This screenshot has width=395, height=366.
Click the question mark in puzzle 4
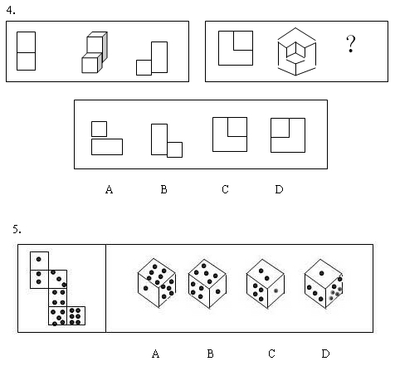350,43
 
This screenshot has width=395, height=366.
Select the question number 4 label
11,10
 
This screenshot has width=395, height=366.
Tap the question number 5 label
17,229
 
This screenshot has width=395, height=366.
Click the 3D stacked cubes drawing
95,52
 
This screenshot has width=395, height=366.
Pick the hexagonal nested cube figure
296,51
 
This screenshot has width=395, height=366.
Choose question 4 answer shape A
107,138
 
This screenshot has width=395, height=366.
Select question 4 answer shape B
167,140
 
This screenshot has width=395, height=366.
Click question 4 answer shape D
288,135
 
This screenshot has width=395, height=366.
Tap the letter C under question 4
225,189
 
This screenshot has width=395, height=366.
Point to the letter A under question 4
110,189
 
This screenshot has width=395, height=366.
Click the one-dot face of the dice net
39,261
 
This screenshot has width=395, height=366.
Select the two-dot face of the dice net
39,279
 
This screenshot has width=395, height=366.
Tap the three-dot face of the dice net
58,279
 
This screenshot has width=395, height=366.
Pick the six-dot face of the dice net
76,315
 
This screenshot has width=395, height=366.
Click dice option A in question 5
157,283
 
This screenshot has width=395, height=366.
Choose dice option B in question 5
207,284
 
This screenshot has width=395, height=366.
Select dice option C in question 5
266,284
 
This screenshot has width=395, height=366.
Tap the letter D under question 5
325,354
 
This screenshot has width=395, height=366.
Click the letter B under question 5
210,354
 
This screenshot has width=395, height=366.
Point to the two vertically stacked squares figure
26,51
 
